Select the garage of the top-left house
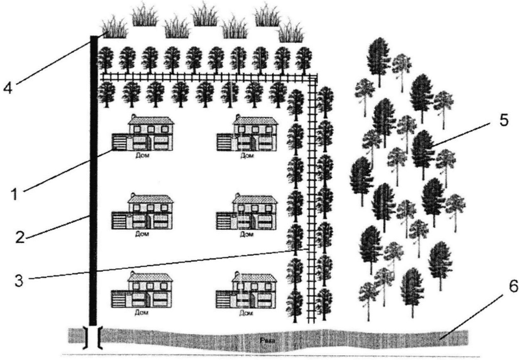pyautogui.click(x=119, y=142)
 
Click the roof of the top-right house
pyautogui.click(x=255, y=121)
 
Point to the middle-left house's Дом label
pyautogui.click(x=142, y=234)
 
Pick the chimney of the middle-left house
pyautogui.click(x=133, y=195)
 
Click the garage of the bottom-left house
pyautogui.click(x=119, y=298)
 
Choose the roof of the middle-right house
pyautogui.click(x=255, y=199)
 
